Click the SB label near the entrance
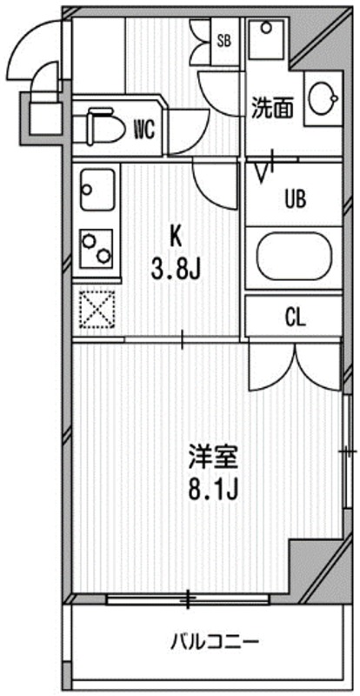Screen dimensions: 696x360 pyautogui.click(x=223, y=40)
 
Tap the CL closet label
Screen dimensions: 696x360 pyautogui.click(x=296, y=317)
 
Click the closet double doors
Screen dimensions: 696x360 pyautogui.click(x=294, y=365)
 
